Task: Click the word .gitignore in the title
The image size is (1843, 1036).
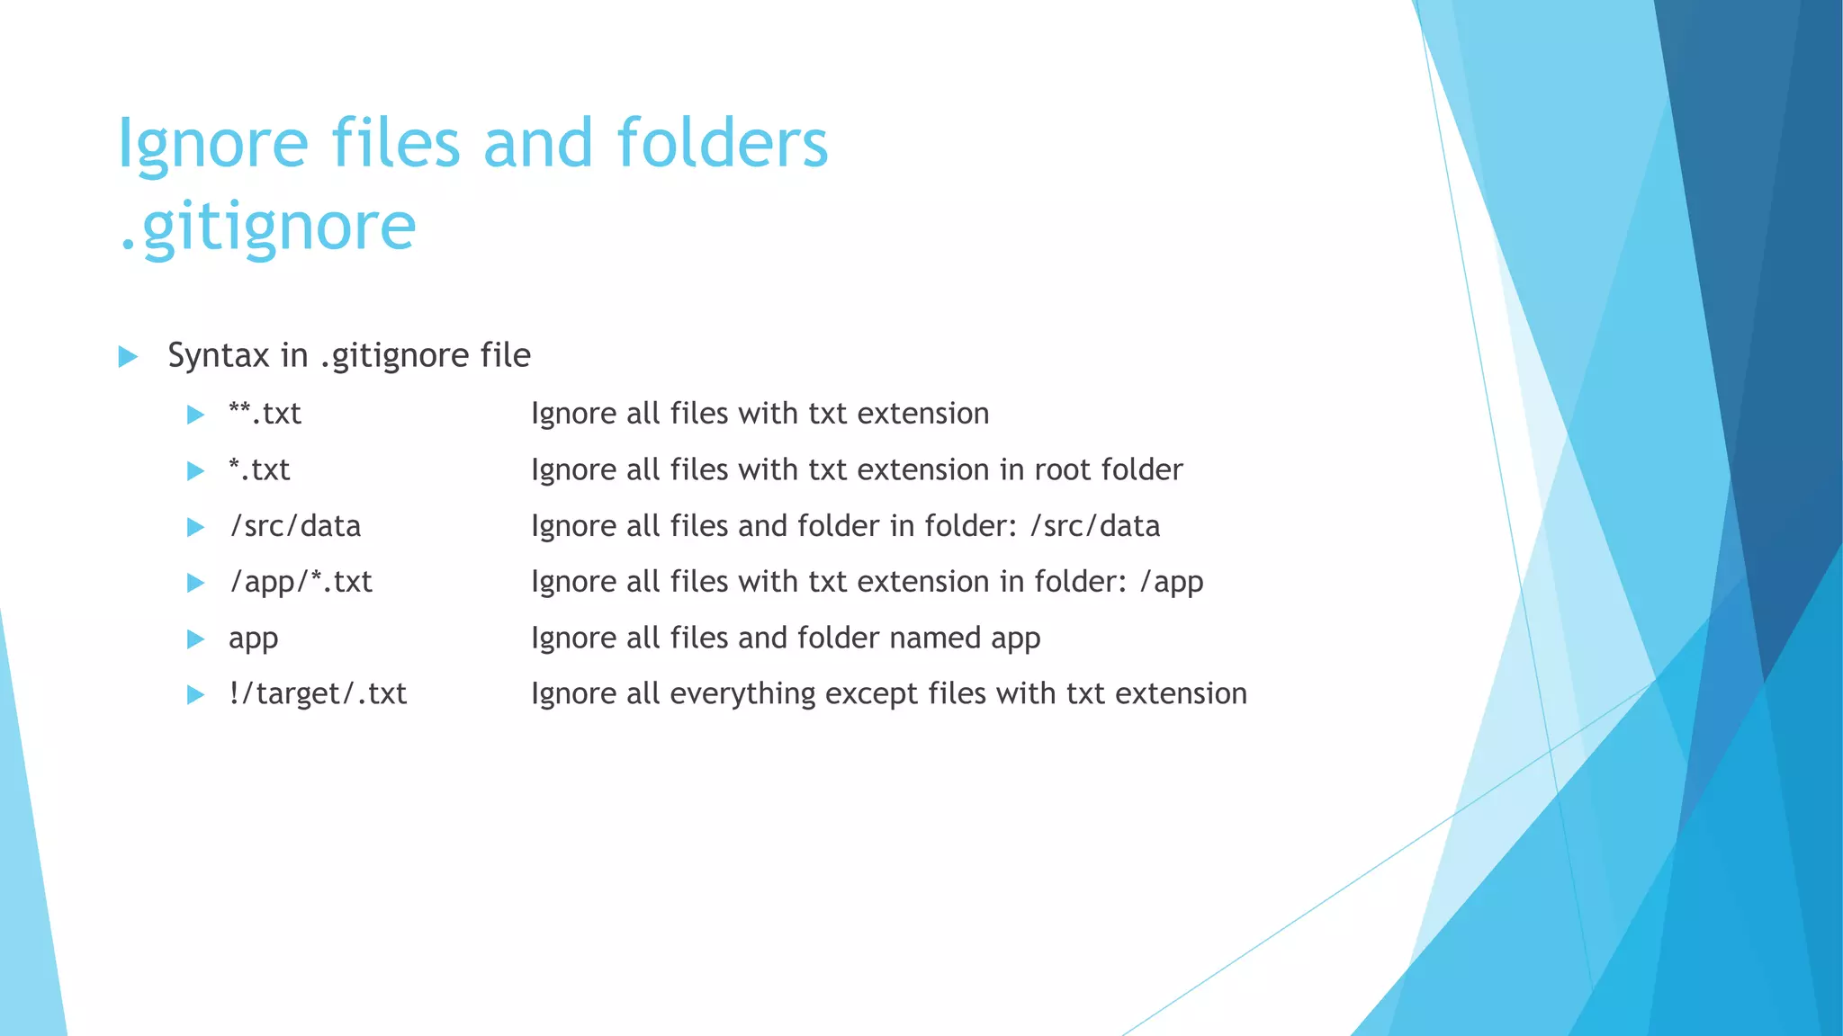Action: [267, 227]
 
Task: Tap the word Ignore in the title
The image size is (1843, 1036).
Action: [213, 144]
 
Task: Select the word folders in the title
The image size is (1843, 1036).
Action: [722, 144]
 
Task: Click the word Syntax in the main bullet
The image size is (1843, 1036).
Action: [219, 355]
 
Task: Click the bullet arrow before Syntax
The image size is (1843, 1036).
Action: [128, 357]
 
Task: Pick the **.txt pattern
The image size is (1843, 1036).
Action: [265, 414]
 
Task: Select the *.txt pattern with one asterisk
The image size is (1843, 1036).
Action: [259, 469]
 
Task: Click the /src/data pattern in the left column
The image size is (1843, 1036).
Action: [295, 526]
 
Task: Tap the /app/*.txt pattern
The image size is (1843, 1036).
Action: [301, 582]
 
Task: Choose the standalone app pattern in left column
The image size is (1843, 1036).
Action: [253, 639]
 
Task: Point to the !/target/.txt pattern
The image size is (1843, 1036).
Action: [317, 694]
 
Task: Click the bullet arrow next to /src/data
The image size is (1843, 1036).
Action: [195, 527]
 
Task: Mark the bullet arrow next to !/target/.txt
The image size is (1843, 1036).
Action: [195, 695]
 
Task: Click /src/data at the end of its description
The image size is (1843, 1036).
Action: [1094, 526]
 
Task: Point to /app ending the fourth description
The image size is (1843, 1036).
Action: [1171, 582]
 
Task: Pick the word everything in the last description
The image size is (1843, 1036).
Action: [742, 694]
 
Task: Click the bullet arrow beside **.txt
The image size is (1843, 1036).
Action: [195, 415]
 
